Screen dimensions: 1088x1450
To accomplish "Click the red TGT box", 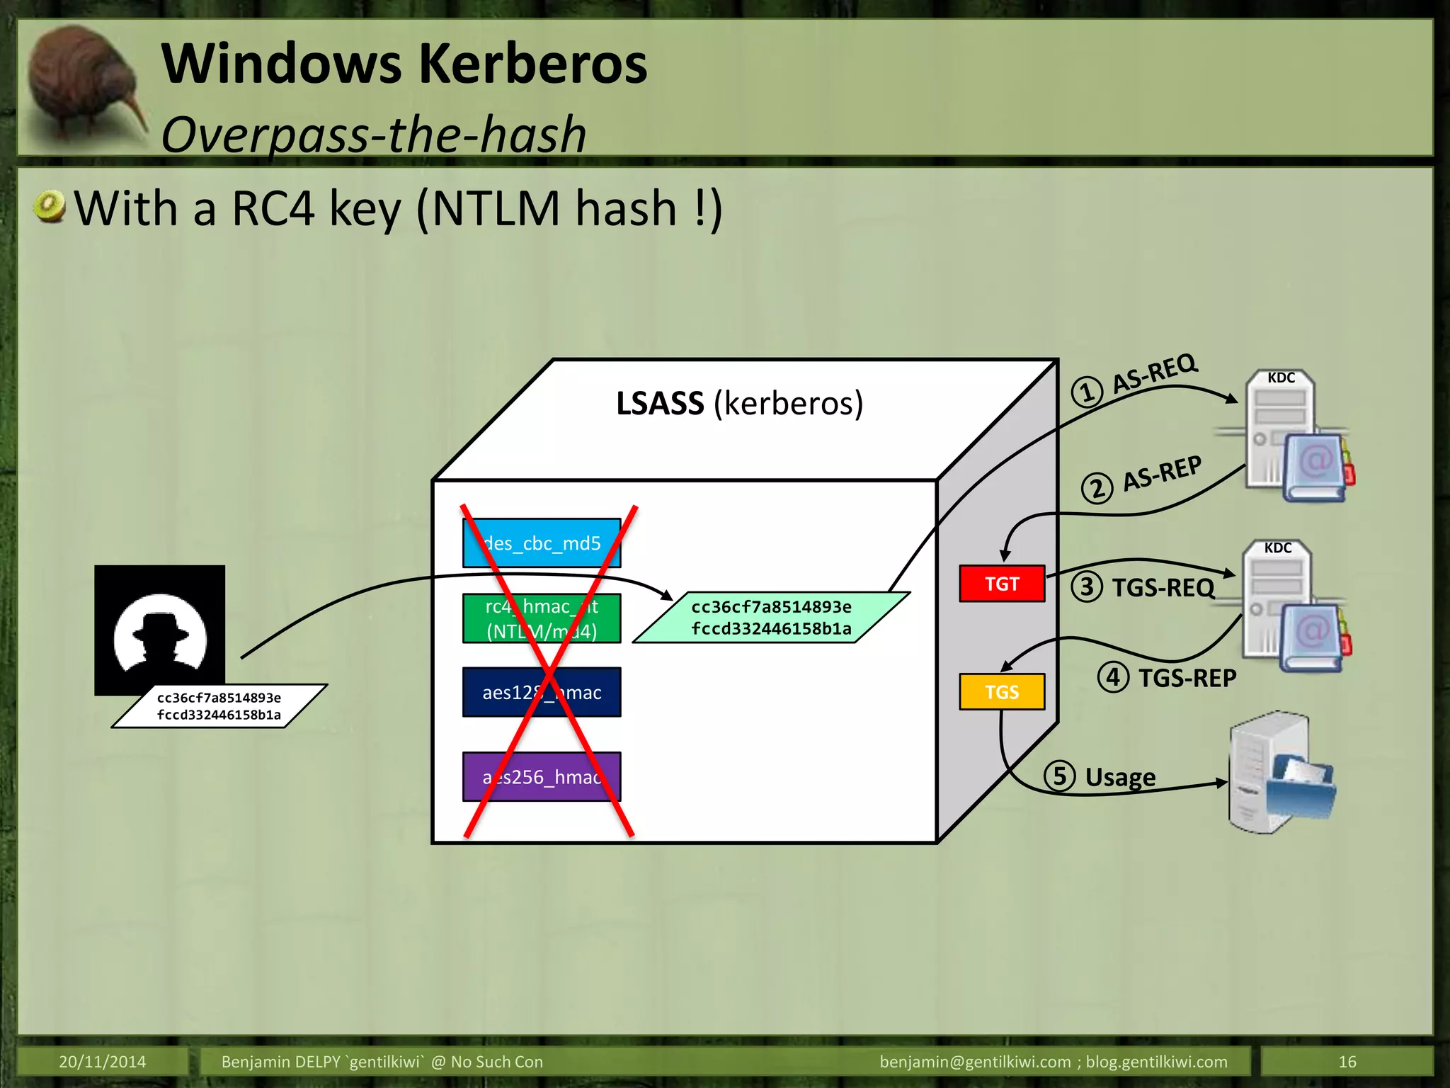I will coord(1001,584).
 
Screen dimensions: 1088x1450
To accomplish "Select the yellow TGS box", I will coord(1001,691).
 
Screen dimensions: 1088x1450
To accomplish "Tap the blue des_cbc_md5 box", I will coord(542,543).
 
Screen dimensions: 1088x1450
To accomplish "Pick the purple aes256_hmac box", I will coord(542,776).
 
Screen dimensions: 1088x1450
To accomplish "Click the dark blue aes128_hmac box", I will coord(542,692).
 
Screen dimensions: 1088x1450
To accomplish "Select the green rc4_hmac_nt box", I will coord(542,618).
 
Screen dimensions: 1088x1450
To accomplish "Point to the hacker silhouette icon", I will coord(160,630).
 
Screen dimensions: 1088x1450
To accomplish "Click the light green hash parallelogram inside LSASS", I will coord(770,618).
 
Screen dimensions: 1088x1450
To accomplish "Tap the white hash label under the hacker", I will coord(219,706).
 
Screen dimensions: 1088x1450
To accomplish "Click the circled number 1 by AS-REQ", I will coord(1086,392).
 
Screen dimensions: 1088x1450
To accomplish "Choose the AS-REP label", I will coord(1162,473).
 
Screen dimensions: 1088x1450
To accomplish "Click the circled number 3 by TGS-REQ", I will coord(1086,586).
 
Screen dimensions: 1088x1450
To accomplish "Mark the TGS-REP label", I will coord(1187,678).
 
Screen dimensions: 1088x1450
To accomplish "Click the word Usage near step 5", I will coord(1120,777).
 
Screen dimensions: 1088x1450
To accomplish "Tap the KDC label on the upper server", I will coord(1281,378).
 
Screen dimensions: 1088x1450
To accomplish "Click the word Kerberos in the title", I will coord(534,64).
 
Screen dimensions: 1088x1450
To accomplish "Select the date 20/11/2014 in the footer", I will coord(102,1061).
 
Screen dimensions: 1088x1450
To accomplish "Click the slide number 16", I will coord(1347,1061).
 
